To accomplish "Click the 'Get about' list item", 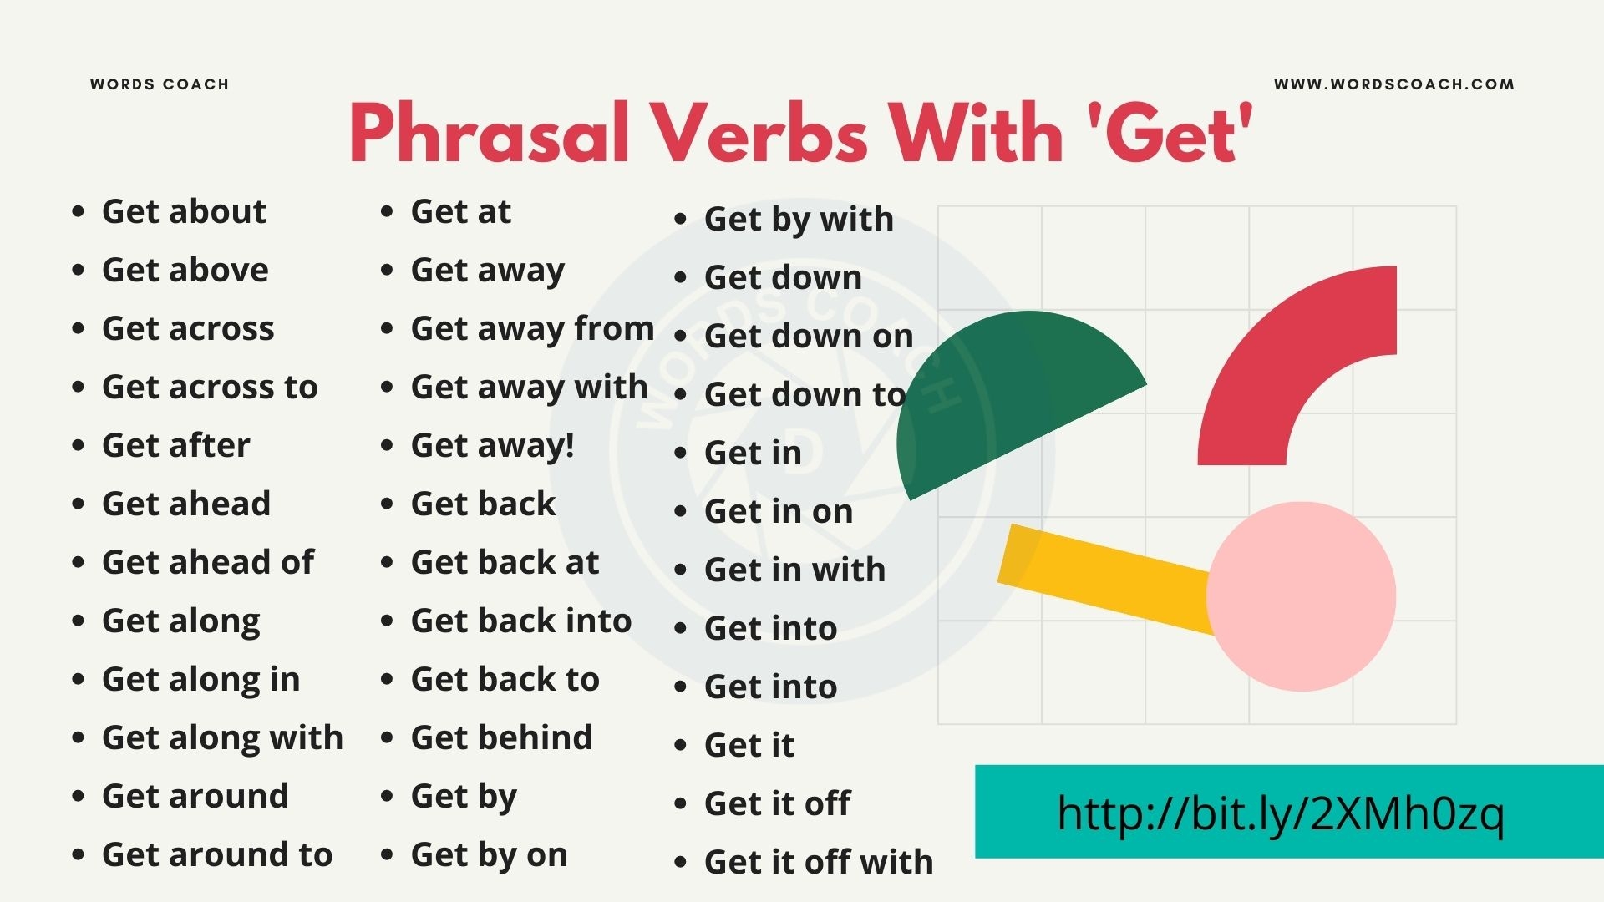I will pos(184,211).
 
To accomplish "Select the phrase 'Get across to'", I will pos(210,387).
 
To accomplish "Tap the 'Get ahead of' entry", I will pos(208,562).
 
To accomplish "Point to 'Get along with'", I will pos(222,737).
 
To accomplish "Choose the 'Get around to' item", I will pos(217,854).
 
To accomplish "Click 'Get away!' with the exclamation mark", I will pos(492,445).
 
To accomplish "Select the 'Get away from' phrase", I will pos(532,328).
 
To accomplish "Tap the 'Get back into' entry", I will pos(521,621).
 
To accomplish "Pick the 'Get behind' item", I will pos(501,737).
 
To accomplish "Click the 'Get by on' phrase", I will pos(489,854).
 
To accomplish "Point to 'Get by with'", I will pos(799,219).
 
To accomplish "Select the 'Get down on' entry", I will pos(809,336).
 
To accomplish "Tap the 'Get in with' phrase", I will pos(794,570).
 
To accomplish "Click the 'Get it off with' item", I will pos(819,862).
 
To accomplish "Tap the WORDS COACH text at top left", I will pos(160,84).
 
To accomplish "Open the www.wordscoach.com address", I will pos(1393,84).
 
